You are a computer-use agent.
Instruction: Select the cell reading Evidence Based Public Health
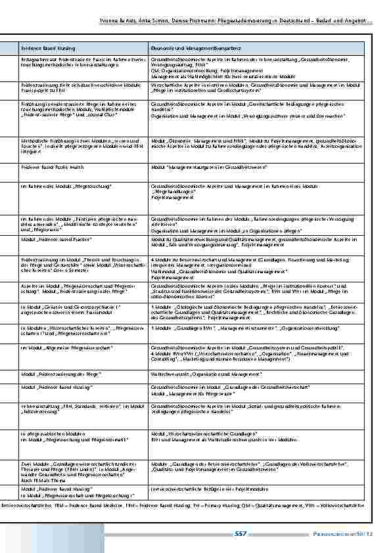50,167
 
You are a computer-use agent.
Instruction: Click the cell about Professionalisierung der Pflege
60,373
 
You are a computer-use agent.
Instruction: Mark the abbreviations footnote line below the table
191,505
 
